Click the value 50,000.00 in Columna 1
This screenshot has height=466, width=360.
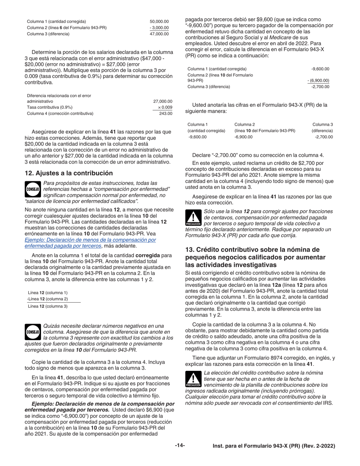click(159, 22)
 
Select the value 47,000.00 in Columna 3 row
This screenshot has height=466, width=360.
click(159, 34)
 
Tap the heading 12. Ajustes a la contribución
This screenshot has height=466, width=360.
click(69, 173)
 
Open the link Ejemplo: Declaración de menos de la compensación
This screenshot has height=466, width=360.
click(90, 240)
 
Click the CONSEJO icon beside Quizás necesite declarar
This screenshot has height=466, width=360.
click(33, 332)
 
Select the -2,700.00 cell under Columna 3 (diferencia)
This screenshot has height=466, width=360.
click(324, 137)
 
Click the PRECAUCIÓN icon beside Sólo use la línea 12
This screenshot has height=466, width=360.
click(193, 218)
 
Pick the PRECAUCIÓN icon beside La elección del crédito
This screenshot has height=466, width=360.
click(193, 379)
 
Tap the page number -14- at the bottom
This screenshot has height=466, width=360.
click(180, 446)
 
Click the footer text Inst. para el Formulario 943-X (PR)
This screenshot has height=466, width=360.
click(274, 446)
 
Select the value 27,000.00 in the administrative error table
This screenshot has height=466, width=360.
click(163, 101)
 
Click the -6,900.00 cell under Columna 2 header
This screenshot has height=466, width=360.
click(243, 137)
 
